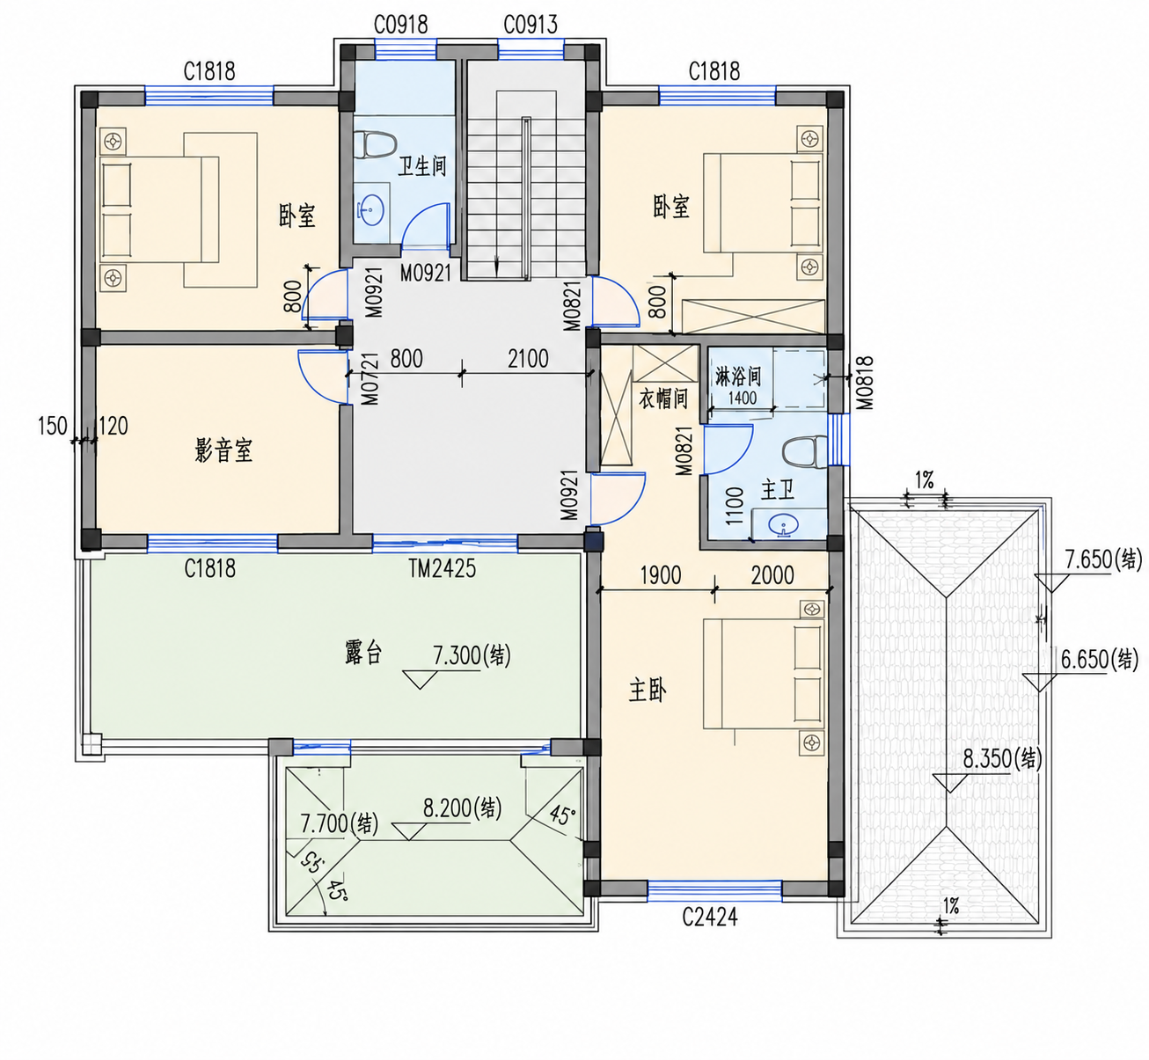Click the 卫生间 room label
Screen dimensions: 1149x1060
coord(421,166)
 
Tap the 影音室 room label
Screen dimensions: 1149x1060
coord(223,450)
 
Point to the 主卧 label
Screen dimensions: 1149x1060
coord(648,691)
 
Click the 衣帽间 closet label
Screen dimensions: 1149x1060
coord(663,398)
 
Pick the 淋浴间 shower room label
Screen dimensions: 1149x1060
coord(737,376)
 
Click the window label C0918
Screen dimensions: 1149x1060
coord(401,25)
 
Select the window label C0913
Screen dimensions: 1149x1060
coord(531,25)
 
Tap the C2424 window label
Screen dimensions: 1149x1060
coord(710,917)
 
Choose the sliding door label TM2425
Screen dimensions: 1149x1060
coord(442,569)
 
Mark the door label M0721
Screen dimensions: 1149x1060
coord(370,379)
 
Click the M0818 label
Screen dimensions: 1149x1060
coord(864,383)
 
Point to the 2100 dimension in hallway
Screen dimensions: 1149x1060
coord(528,359)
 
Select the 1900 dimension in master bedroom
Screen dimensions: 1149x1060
coord(660,575)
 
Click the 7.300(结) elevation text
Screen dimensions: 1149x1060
coord(472,655)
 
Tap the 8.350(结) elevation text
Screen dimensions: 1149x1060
coord(1003,758)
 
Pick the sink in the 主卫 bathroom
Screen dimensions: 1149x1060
coord(783,525)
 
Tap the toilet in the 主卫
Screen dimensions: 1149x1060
coord(805,452)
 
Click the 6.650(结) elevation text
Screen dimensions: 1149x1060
coord(1100,660)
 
